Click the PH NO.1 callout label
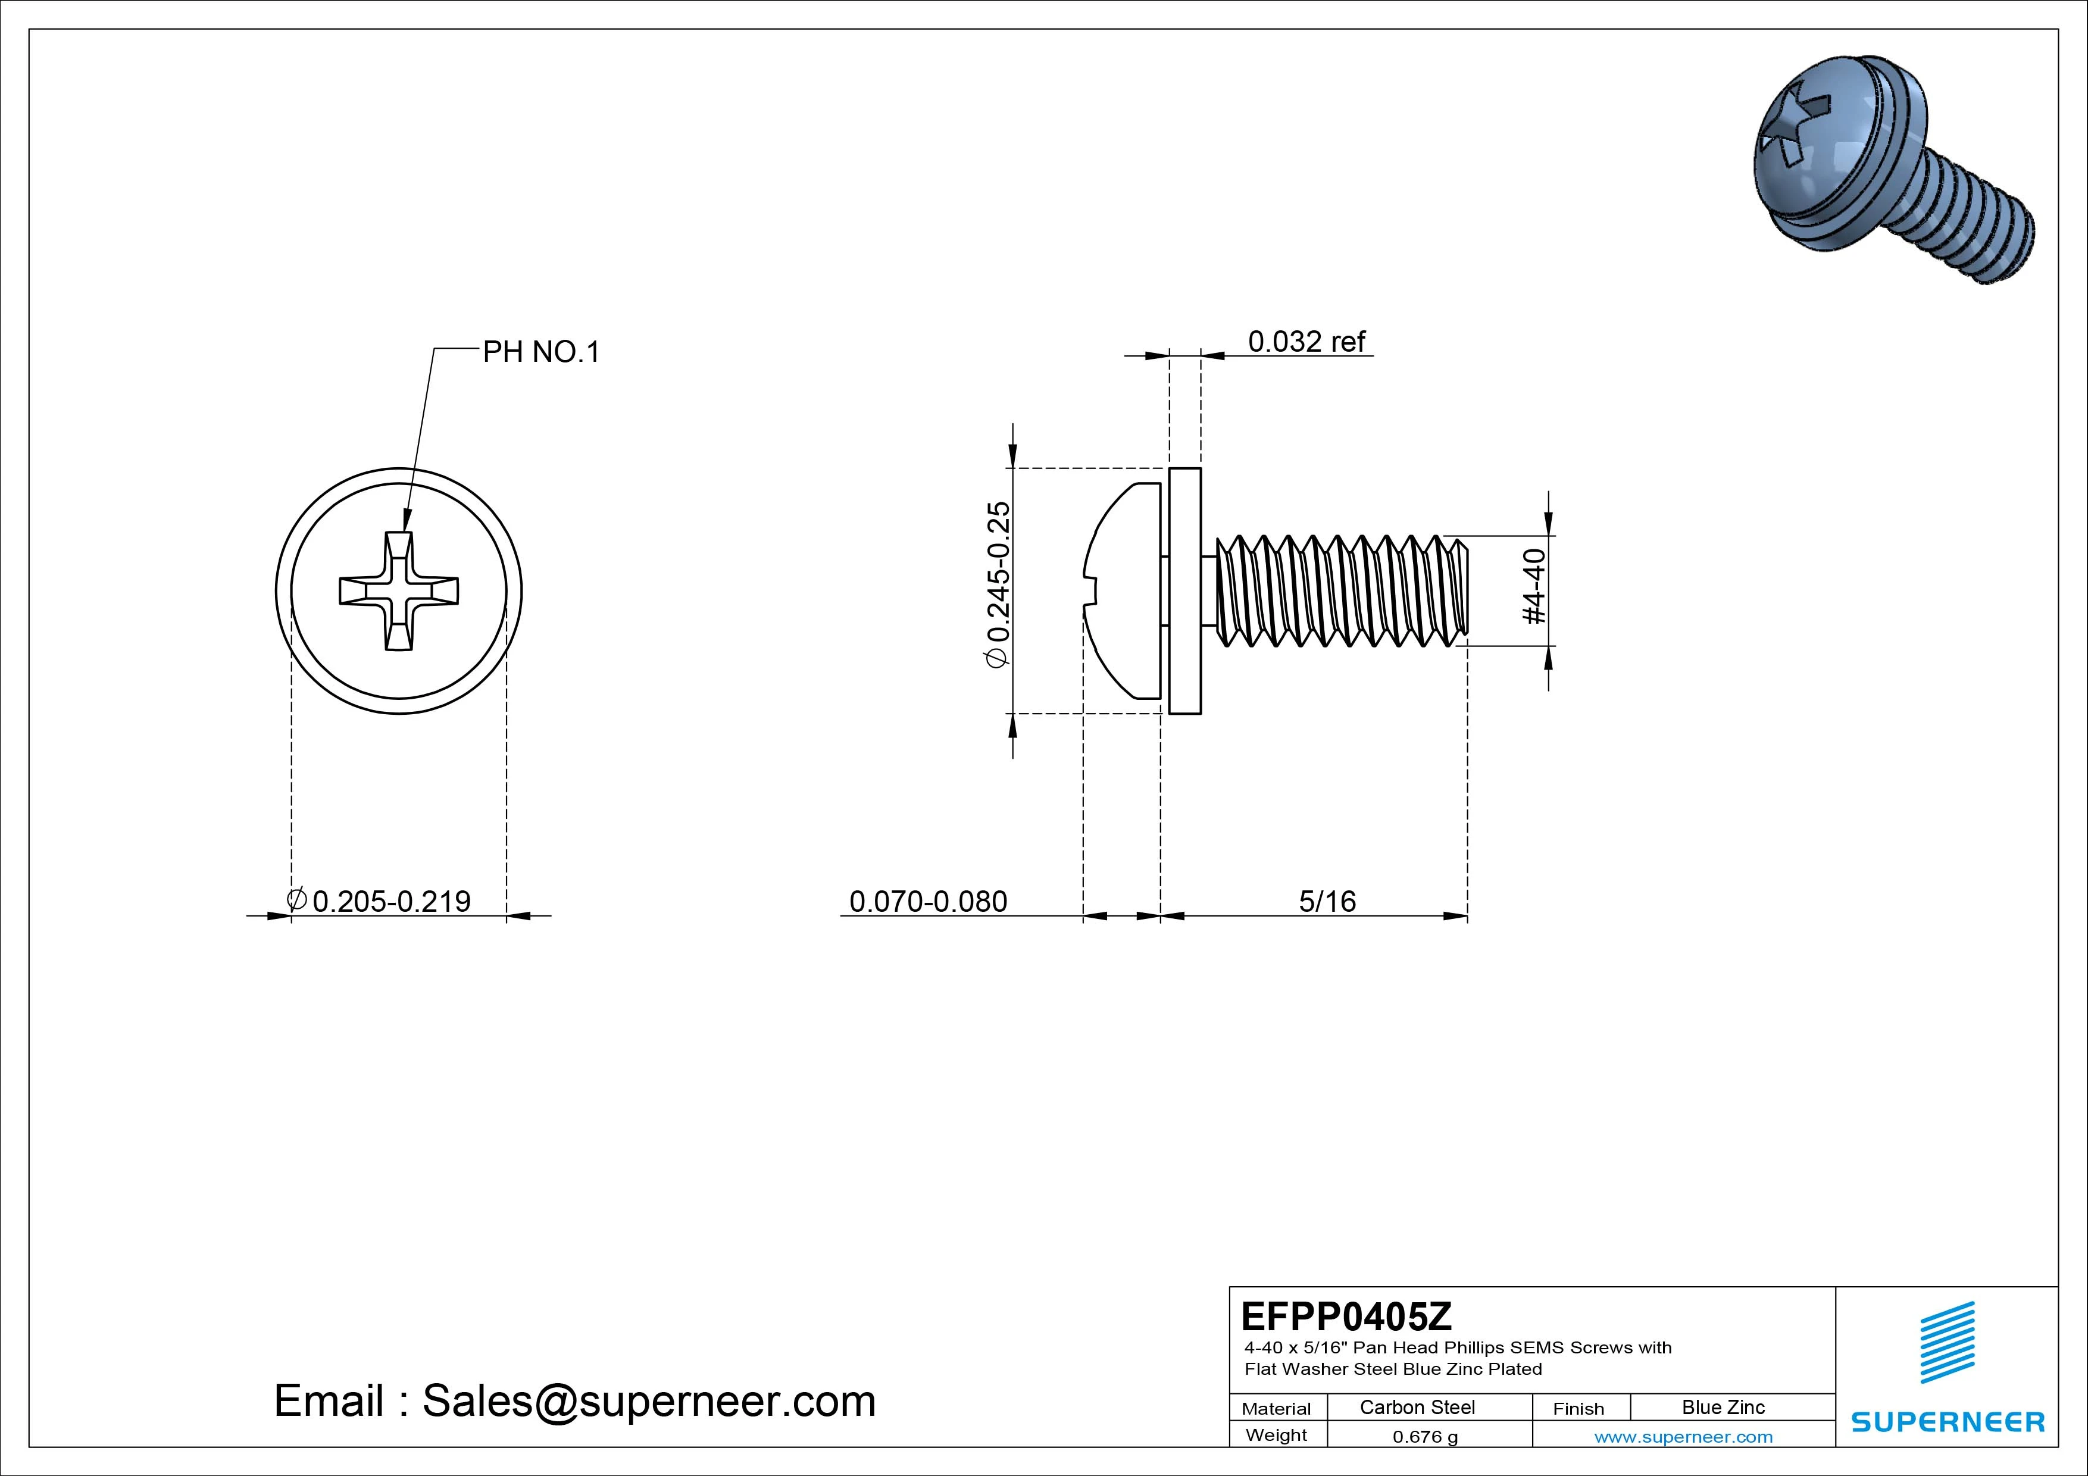541,352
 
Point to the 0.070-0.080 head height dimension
927,901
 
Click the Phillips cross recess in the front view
398,591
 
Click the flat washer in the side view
1184,591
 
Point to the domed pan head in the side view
1126,591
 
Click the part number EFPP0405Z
1346,1316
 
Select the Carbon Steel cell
1417,1408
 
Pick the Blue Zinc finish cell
1723,1408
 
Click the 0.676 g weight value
1425,1437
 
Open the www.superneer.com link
1683,1437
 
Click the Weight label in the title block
1276,1435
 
